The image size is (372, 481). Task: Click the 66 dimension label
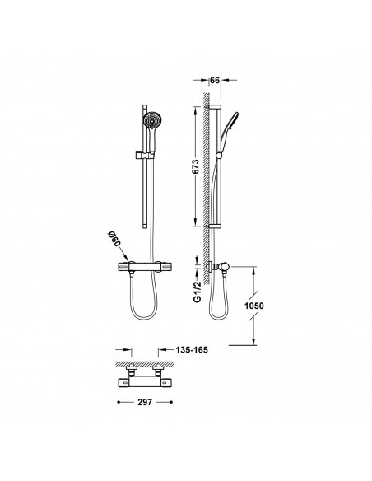[215, 80]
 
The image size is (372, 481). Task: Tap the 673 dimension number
[196, 166]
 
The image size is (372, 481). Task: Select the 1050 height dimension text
[254, 306]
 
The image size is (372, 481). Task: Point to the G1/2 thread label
[198, 292]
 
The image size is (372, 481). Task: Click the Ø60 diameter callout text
[114, 240]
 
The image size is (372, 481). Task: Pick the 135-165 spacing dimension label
[192, 350]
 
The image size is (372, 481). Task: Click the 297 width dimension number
[145, 402]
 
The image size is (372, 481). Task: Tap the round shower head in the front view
[152, 120]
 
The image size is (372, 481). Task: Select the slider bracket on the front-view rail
[143, 155]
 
